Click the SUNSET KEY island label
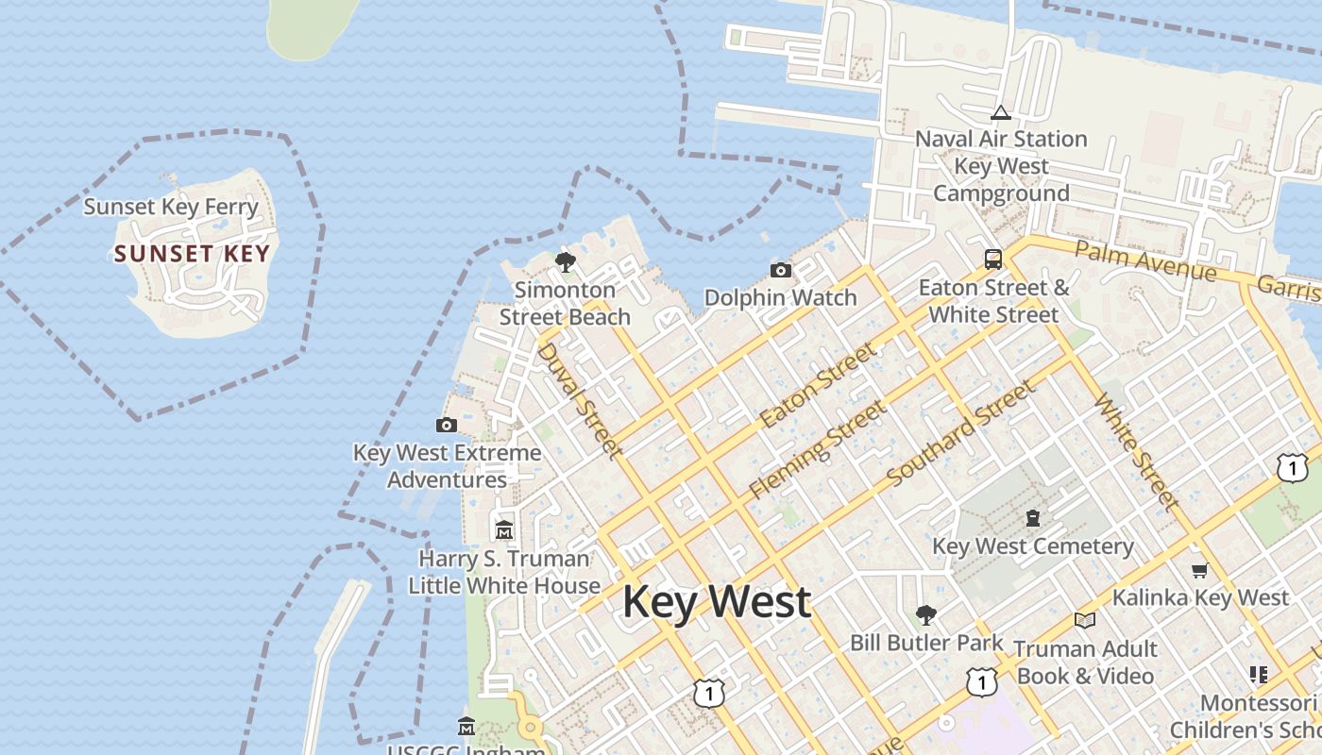tap(192, 254)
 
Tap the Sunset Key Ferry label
tap(171, 207)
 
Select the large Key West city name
tap(717, 602)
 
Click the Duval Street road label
tap(579, 400)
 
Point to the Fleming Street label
tap(818, 449)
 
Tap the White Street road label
tap(1136, 452)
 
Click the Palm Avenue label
tap(1145, 260)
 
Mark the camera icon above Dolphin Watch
tap(781, 271)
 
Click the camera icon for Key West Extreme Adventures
tap(447, 426)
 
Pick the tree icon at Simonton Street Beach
tap(566, 261)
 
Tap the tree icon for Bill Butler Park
tap(926, 615)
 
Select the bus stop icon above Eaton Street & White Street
tap(993, 259)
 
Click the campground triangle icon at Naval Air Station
tap(1001, 113)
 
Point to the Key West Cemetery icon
tap(1033, 518)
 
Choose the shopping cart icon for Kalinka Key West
tap(1200, 570)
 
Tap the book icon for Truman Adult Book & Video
tap(1085, 620)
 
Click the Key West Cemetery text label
tap(1033, 546)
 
